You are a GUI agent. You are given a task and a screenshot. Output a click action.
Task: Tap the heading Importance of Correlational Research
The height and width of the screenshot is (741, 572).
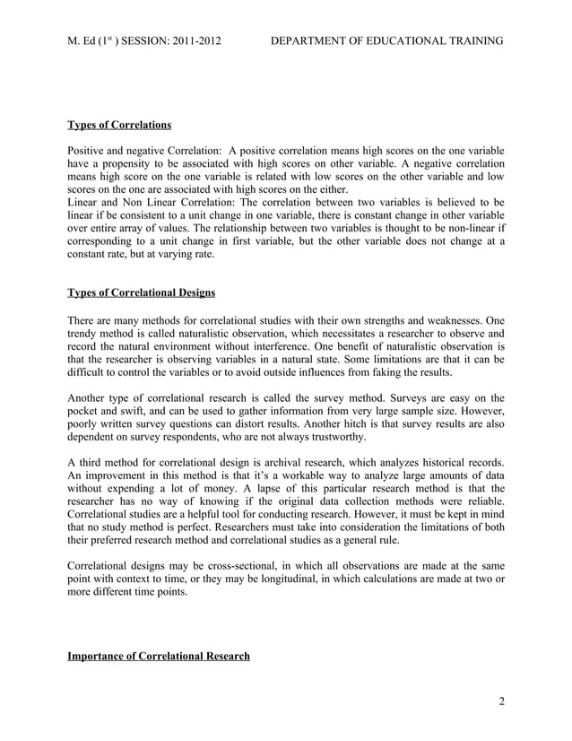[159, 657]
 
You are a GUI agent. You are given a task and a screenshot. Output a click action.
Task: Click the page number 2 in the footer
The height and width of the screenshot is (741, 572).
[501, 701]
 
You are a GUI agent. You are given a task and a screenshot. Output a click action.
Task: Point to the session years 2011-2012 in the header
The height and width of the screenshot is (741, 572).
[194, 42]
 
